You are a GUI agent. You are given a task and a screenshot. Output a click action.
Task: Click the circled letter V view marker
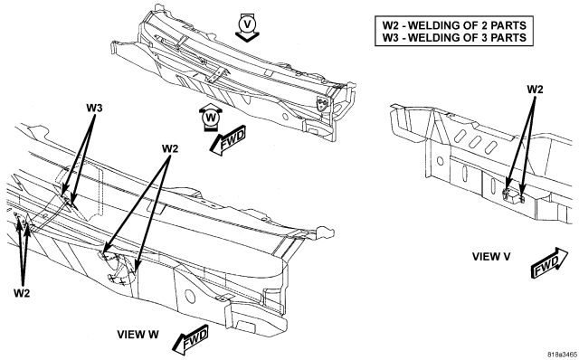[x=247, y=24]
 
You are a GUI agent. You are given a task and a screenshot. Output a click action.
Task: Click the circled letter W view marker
[x=210, y=118]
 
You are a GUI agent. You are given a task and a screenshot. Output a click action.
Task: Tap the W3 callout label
[x=94, y=109]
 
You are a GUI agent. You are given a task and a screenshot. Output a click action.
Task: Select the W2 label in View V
[x=535, y=90]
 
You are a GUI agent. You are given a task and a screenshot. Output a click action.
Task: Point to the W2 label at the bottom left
[x=22, y=293]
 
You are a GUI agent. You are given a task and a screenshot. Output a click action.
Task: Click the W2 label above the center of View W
[x=170, y=149]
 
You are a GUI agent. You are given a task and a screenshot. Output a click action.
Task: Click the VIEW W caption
[x=138, y=335]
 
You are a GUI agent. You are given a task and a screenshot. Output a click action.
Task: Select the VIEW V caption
[x=491, y=257]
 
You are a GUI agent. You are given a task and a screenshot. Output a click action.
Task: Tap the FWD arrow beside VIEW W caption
[x=191, y=339]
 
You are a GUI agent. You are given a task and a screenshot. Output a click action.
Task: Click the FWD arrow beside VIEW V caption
[x=549, y=263]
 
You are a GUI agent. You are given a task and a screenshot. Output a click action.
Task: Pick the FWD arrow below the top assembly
[x=228, y=140]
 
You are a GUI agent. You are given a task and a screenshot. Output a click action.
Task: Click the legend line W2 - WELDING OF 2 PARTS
[x=454, y=25]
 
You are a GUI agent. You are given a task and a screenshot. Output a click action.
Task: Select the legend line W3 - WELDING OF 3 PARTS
[x=454, y=37]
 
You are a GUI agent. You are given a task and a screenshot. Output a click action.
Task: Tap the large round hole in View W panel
[x=189, y=296]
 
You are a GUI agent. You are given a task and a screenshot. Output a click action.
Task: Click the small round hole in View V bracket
[x=441, y=161]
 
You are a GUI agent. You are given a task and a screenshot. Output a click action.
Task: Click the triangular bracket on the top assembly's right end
[x=322, y=103]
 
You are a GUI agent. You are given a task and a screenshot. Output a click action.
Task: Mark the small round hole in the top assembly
[x=285, y=117]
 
